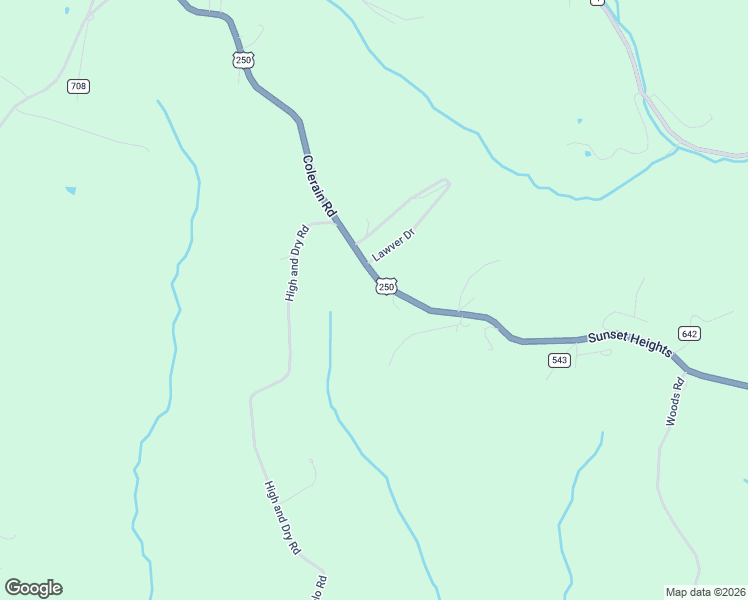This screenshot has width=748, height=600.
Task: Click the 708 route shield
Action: [x=79, y=86]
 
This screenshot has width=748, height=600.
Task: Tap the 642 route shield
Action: [x=688, y=333]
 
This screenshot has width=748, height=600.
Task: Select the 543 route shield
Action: [x=559, y=360]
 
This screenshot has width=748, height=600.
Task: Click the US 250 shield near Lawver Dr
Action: [x=387, y=287]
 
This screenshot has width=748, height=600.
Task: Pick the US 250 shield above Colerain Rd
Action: [x=243, y=60]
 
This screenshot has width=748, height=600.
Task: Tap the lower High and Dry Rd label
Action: [x=282, y=518]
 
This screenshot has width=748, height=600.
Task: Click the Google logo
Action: [x=33, y=588]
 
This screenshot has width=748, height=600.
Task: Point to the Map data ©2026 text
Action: [x=705, y=591]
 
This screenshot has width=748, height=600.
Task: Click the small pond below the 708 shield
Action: [x=70, y=189]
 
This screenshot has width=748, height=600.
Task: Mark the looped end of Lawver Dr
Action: [x=445, y=183]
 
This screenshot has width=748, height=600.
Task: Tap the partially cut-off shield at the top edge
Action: [x=597, y=2]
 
